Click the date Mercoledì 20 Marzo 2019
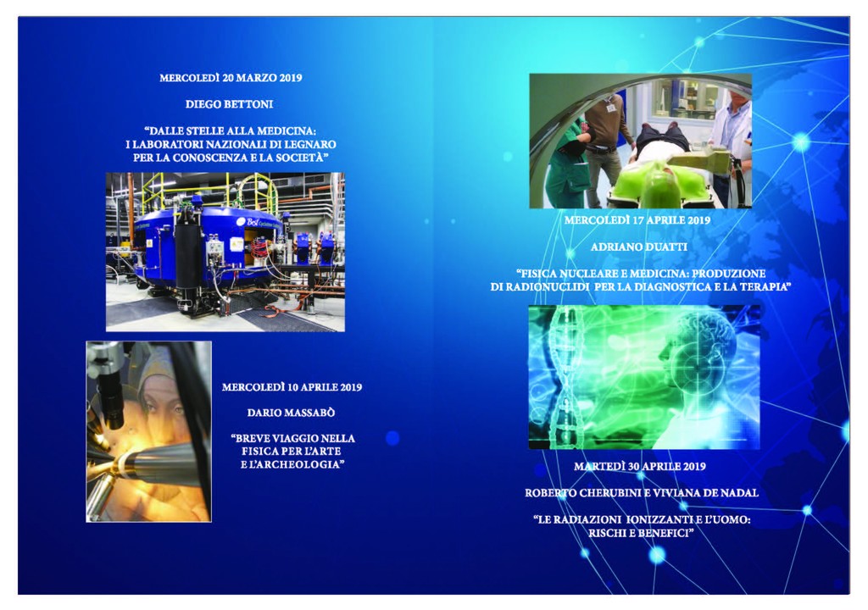[x=231, y=78]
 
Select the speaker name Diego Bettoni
[x=229, y=104]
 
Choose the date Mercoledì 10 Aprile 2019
[x=292, y=387]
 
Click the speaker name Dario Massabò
[x=292, y=413]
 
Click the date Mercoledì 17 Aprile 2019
[x=637, y=220]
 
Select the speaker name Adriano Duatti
[x=639, y=247]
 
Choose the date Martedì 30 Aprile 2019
[x=640, y=467]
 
